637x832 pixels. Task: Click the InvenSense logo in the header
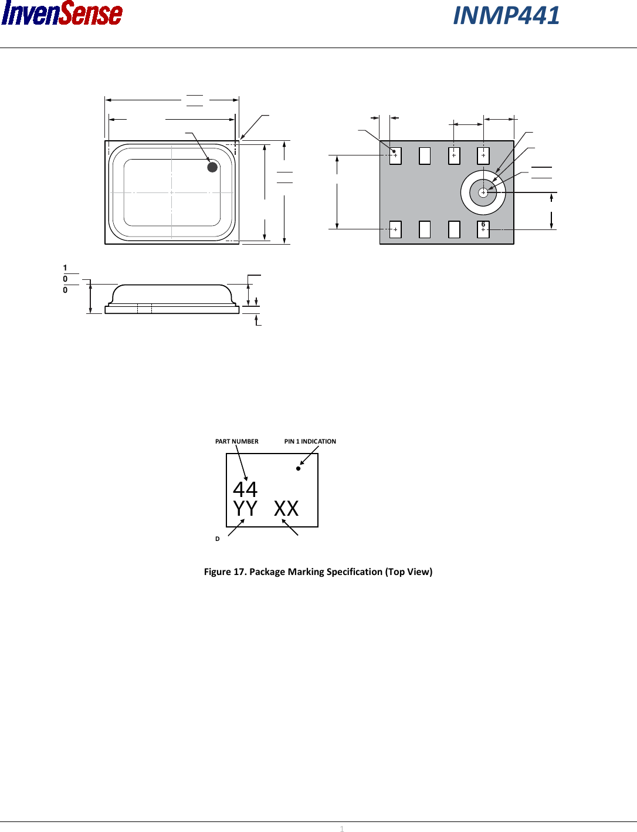[x=62, y=14]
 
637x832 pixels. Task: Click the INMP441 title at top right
[x=506, y=16]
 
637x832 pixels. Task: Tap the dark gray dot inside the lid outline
[x=212, y=167]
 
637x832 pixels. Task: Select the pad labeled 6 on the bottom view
[x=483, y=229]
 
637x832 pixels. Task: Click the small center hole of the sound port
[x=483, y=192]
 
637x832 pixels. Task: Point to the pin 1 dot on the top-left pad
[x=394, y=151]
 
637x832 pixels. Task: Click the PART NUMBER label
[x=236, y=441]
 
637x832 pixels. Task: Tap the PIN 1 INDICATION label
[x=310, y=441]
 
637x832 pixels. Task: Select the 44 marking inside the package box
[x=245, y=489]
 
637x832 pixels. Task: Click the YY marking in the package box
[x=245, y=509]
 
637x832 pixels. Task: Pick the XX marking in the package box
[x=286, y=509]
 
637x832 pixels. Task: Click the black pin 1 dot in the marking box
[x=298, y=468]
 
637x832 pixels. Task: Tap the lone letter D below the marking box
[x=218, y=539]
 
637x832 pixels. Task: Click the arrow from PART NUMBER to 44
[x=242, y=464]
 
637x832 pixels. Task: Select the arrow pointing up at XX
[x=290, y=527]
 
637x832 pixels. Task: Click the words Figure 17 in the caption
[x=225, y=571]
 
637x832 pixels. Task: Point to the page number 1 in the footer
[x=342, y=828]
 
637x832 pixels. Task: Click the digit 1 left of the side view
[x=65, y=268]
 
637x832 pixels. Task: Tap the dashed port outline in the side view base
[x=144, y=309]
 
